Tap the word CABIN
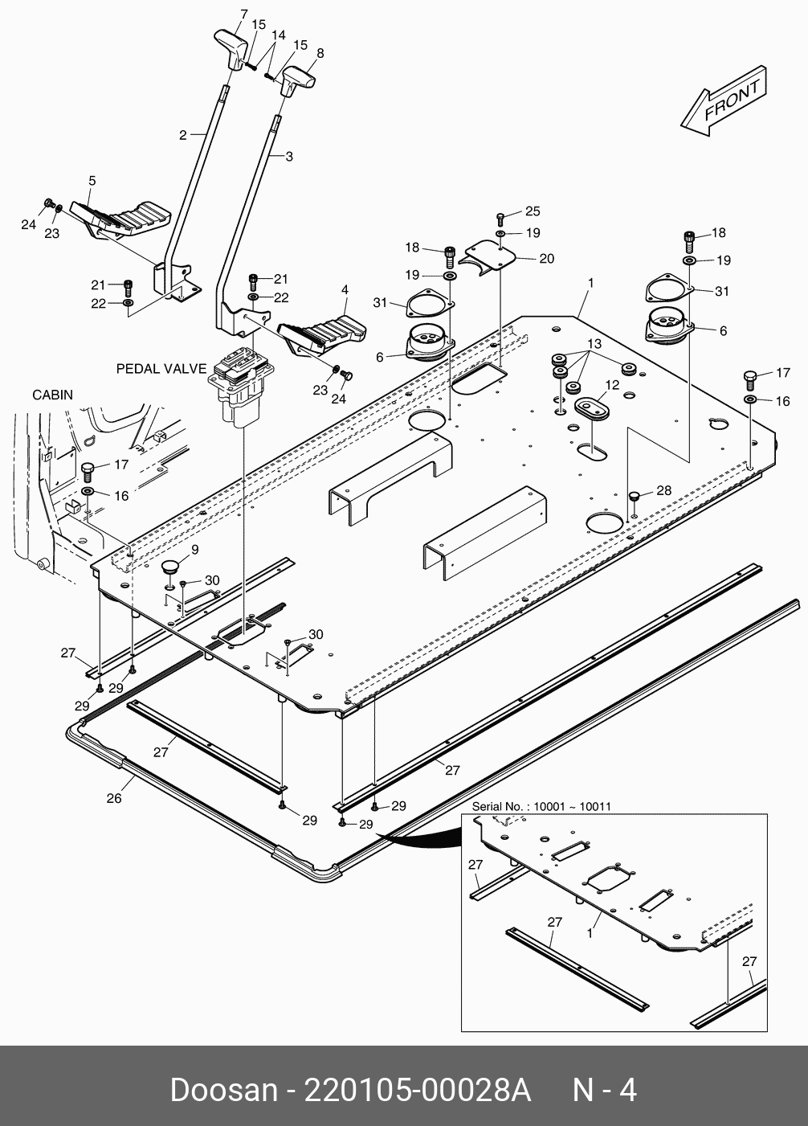pos(52,395)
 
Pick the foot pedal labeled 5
pos(124,217)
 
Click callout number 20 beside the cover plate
pos(546,259)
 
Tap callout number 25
pos(533,211)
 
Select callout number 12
pos(613,385)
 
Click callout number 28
pos(663,490)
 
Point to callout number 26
pos(114,798)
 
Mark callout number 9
pos(194,550)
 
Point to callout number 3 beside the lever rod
pos(289,156)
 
